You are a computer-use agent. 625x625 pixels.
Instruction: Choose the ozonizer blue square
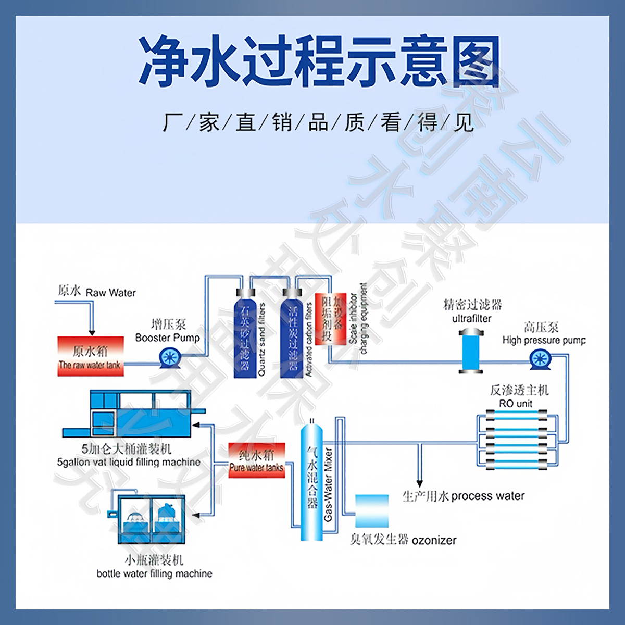(x=372, y=511)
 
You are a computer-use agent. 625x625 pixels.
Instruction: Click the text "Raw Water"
(x=111, y=293)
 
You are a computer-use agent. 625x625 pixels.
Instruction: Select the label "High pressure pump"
(x=544, y=341)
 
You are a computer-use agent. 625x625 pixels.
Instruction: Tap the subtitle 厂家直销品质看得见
(x=318, y=123)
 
